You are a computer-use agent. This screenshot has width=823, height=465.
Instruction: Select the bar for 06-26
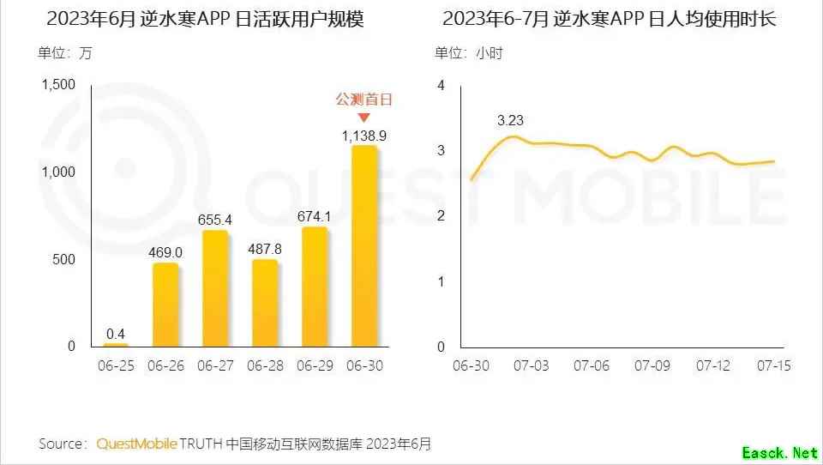pos(165,305)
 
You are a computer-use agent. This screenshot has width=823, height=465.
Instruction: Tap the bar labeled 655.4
pos(214,288)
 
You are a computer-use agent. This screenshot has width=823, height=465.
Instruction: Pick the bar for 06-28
pos(264,302)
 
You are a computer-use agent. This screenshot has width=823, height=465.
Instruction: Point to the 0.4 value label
pos(116,333)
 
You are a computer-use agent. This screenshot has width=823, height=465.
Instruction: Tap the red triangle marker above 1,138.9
pos(363,118)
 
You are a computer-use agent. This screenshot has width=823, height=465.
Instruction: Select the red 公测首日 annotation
pos(363,100)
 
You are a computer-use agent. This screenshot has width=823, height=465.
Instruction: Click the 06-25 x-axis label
pos(116,365)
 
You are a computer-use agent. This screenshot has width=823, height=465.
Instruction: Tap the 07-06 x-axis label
pos(591,365)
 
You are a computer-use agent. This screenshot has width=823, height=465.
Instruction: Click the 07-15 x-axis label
pos(773,365)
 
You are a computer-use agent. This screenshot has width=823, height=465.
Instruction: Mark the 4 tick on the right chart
pos(441,85)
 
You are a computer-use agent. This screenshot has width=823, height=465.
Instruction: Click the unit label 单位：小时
pos(469,53)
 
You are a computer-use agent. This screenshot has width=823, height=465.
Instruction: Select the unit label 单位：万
pos(65,53)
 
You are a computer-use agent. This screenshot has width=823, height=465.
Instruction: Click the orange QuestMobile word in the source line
pos(137,444)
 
